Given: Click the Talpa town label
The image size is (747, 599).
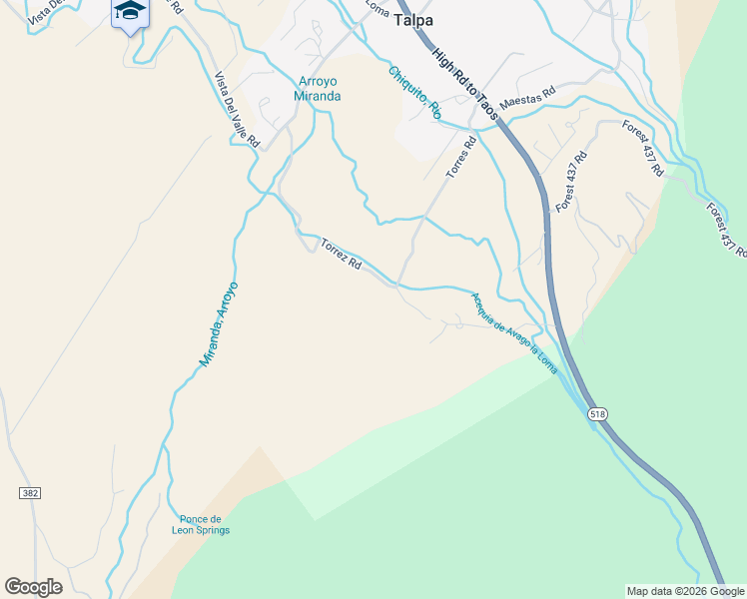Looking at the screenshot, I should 420,20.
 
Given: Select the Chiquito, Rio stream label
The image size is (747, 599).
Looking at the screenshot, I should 414,93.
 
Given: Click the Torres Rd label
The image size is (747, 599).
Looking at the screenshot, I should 460,158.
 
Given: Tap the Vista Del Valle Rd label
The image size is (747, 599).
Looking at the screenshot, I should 237,110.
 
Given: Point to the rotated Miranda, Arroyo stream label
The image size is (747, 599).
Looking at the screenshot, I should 219,323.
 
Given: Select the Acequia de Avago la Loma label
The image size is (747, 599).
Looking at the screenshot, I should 513,329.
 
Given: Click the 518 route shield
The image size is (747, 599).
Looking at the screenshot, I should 597,414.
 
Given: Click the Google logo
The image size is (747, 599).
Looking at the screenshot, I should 33,587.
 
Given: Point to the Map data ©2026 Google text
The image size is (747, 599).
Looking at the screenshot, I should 685,591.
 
